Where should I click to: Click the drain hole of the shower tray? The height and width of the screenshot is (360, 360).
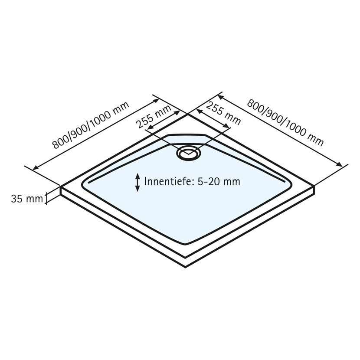pyautogui.click(x=188, y=153)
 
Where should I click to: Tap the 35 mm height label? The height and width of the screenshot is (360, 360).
pyautogui.click(x=27, y=199)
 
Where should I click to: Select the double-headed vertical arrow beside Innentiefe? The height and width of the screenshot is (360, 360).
pyautogui.click(x=137, y=182)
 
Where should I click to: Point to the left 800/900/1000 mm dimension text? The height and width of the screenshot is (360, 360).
pyautogui.click(x=91, y=125)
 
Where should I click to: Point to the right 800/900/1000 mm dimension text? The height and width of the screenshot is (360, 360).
pyautogui.click(x=285, y=123)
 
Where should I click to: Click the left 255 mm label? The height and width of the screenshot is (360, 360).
pyautogui.click(x=154, y=116)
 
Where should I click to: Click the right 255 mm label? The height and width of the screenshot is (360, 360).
pyautogui.click(x=224, y=113)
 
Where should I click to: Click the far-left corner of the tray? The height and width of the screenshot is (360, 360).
pyautogui.click(x=61, y=187)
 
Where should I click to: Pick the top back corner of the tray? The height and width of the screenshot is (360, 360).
pyautogui.click(x=188, y=114)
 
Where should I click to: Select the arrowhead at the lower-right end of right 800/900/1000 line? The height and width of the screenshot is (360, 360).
pyautogui.click(x=340, y=164)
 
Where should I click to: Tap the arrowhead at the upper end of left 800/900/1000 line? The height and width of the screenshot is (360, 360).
pyautogui.click(x=156, y=100)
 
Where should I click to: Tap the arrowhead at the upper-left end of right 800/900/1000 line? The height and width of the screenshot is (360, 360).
pyautogui.click(x=220, y=97)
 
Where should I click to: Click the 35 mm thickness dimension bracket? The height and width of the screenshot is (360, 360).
pyautogui.click(x=46, y=198)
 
